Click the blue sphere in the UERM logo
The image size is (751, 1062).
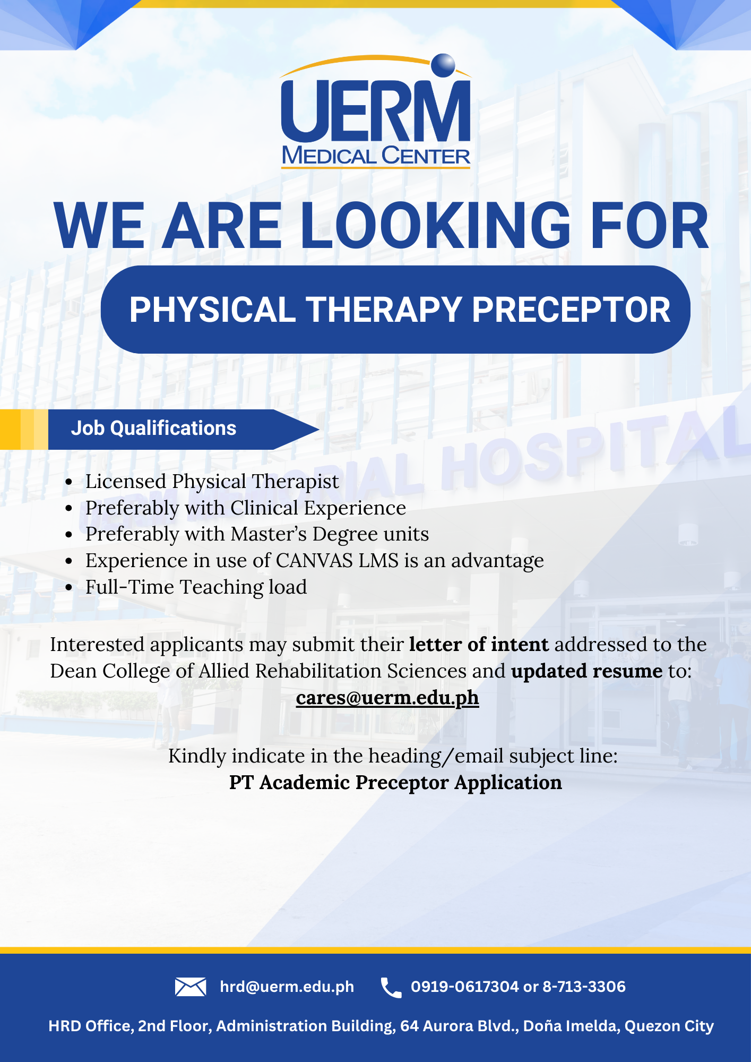coord(443,65)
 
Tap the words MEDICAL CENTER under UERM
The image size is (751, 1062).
coord(376,156)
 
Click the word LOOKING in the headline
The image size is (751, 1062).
coord(436,225)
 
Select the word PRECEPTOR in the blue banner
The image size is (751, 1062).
coord(571,310)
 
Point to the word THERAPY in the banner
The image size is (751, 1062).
coord(384,310)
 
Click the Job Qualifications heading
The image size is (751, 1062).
coord(153,429)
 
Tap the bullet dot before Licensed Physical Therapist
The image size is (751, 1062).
coord(68,482)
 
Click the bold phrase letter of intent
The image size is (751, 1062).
coord(479,645)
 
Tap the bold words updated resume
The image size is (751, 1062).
coord(586,671)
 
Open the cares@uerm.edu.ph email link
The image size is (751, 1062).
coord(387,698)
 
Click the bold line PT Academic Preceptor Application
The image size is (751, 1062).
coord(395,783)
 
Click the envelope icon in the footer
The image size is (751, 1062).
coord(191,987)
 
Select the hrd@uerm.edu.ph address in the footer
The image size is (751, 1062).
coord(287,987)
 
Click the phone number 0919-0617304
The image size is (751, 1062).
coord(465,987)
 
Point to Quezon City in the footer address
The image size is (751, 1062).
coord(669,1026)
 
